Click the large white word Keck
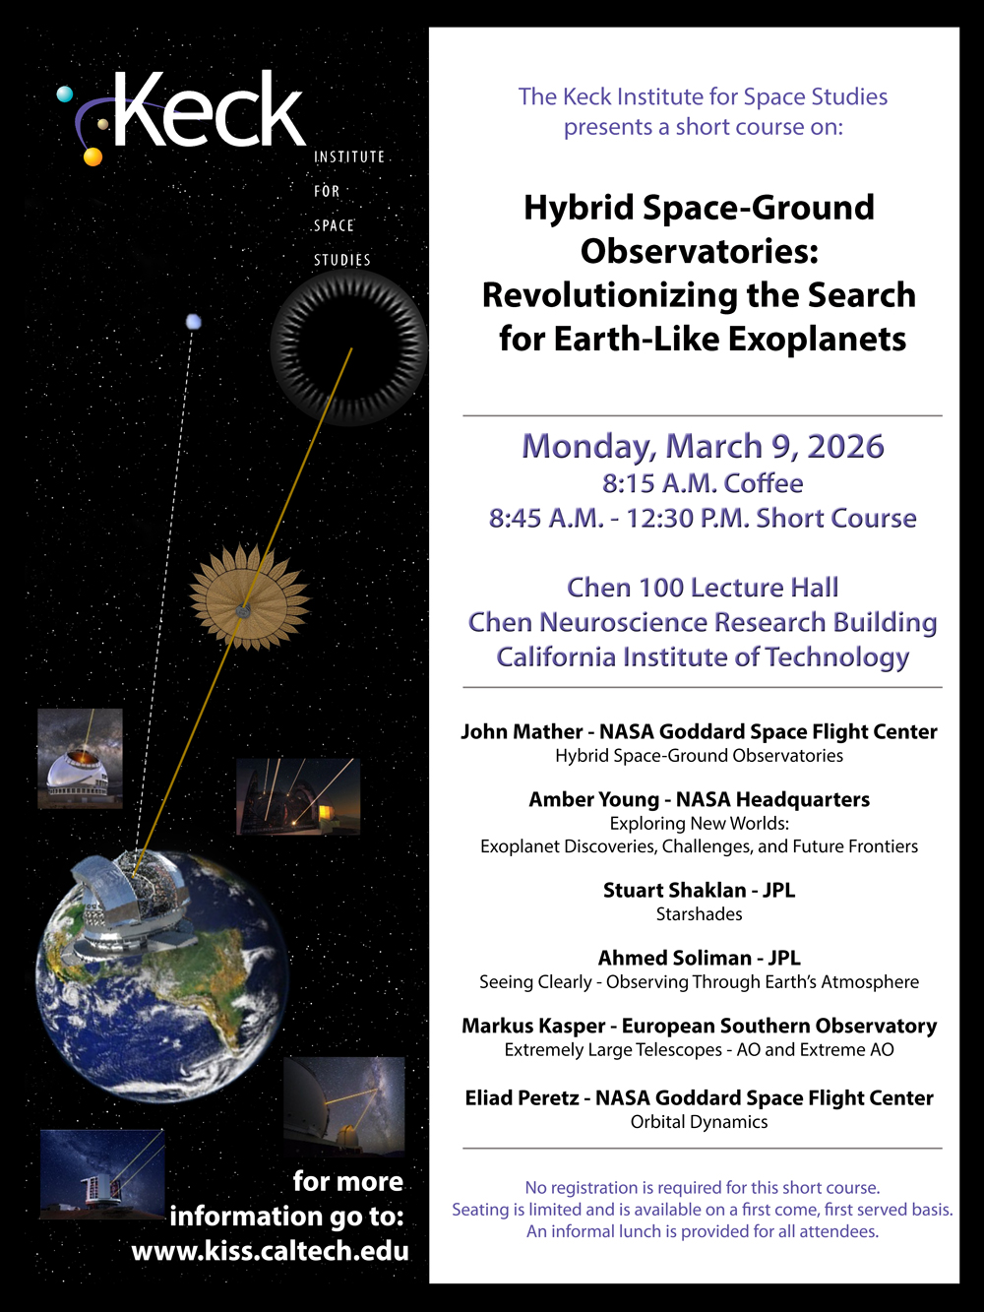[210, 110]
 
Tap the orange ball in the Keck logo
[92, 156]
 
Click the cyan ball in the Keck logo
[65, 94]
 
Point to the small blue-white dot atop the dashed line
[194, 322]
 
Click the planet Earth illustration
[162, 974]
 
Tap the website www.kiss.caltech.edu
[270, 1251]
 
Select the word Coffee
[764, 483]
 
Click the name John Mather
[522, 731]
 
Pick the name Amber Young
[593, 799]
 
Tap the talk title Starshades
[699, 914]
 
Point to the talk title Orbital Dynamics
[699, 1122]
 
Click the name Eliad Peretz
[522, 1097]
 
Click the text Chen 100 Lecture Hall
[702, 588]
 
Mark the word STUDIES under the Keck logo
[342, 260]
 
